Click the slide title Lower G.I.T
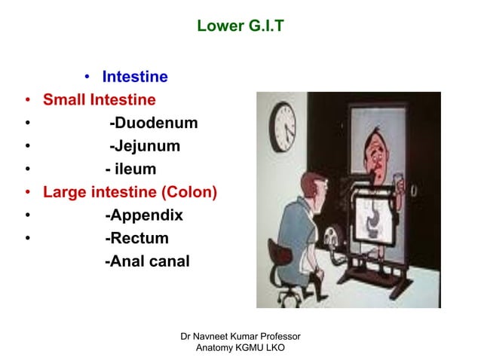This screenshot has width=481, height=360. pyautogui.click(x=240, y=27)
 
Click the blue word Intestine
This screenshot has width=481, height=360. pyautogui.click(x=135, y=77)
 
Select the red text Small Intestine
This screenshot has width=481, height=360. pyautogui.click(x=100, y=100)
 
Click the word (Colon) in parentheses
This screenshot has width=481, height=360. pyautogui.click(x=186, y=193)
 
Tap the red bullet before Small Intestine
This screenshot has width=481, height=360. pyautogui.click(x=28, y=100)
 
